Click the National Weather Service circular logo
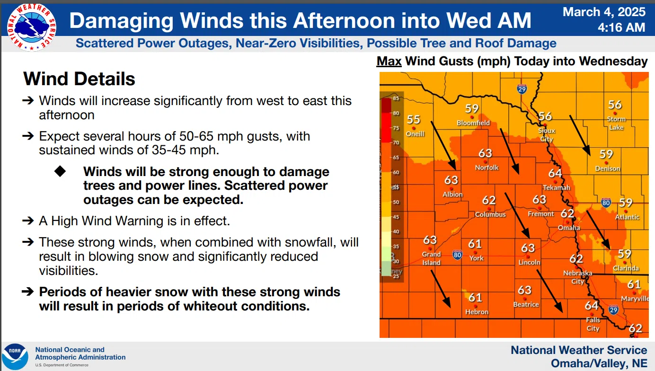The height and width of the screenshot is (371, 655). (32, 27)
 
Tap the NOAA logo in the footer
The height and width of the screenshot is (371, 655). (15, 357)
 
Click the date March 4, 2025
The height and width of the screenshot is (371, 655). (604, 12)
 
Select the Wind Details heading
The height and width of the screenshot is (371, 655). (79, 79)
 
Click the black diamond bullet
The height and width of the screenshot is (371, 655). (60, 171)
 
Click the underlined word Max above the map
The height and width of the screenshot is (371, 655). (389, 61)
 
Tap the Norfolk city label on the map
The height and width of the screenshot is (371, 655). (487, 168)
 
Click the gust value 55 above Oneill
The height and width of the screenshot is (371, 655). (414, 119)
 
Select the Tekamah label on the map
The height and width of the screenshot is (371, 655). (557, 187)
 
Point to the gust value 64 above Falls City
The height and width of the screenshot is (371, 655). (591, 306)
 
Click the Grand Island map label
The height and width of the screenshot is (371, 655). (431, 258)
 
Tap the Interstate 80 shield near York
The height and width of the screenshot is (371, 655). (457, 255)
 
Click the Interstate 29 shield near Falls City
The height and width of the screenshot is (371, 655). (613, 309)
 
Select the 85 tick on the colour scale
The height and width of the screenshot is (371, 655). (396, 98)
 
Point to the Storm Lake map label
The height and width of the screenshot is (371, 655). (616, 123)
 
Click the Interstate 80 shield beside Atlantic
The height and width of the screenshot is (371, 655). (606, 203)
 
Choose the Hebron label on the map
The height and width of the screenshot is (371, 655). (477, 312)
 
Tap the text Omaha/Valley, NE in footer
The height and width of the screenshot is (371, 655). (599, 363)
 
